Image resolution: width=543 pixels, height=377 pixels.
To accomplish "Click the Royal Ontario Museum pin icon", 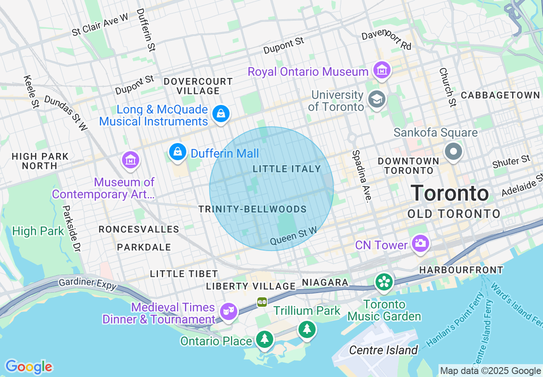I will [x=381, y=70].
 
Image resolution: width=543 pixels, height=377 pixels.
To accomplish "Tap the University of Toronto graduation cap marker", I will [x=377, y=99].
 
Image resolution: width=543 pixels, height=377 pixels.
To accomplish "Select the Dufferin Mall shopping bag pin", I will [x=177, y=152].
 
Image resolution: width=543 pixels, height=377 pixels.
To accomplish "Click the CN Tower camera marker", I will [x=420, y=243].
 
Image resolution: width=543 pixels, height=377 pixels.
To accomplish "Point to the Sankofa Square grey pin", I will [x=453, y=152].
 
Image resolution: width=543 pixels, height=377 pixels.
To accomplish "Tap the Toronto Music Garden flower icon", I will [x=384, y=282].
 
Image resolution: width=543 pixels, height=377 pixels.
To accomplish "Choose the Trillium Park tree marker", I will [x=307, y=329].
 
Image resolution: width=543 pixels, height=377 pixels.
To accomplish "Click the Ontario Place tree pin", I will [x=265, y=339].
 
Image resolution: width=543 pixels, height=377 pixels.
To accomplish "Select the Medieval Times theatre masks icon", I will [x=229, y=311].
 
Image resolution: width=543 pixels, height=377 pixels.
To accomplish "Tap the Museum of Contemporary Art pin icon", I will [x=131, y=160].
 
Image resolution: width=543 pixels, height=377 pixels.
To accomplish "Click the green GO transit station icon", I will [x=262, y=302].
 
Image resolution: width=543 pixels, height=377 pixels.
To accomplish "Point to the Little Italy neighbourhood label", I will [x=286, y=169].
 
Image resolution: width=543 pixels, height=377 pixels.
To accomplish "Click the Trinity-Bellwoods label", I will [x=252, y=209].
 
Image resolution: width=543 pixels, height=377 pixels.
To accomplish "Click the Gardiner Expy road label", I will [x=87, y=284].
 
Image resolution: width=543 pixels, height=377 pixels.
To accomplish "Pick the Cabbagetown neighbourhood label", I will [x=500, y=95].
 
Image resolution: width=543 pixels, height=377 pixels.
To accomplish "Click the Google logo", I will [x=29, y=367].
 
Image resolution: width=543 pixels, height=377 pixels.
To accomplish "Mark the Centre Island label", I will [x=383, y=350].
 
